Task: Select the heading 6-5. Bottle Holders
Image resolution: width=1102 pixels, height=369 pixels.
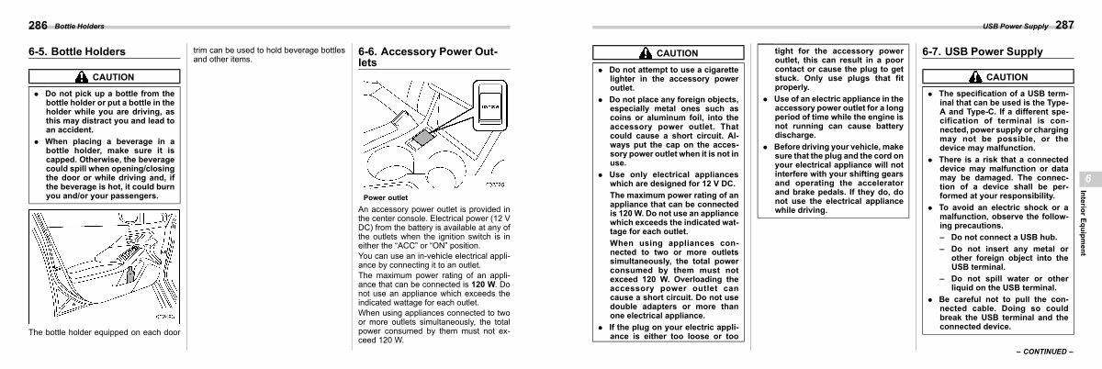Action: point(77,52)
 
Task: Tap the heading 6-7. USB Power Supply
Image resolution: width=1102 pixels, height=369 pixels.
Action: point(983,52)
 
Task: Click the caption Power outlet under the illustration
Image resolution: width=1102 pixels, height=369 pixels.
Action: point(386,197)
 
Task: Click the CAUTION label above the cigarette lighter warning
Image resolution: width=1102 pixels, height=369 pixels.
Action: point(678,53)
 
